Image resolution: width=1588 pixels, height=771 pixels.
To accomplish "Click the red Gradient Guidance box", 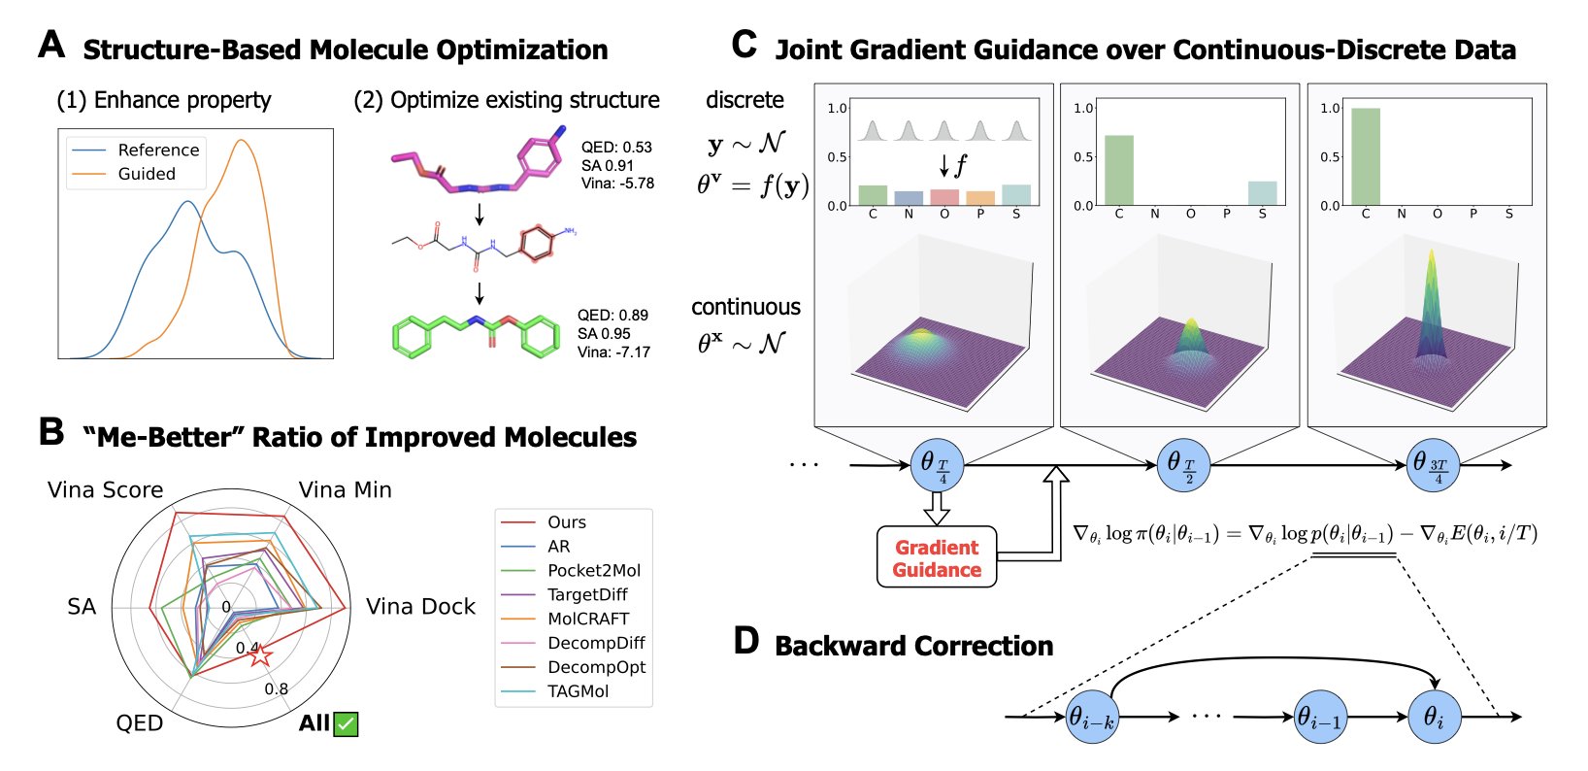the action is click(x=937, y=556).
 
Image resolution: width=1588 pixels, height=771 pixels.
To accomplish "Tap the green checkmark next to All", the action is click(x=346, y=723).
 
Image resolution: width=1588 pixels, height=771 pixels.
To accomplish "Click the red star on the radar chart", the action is click(x=261, y=654).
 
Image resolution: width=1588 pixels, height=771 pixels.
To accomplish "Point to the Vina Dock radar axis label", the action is click(x=420, y=607).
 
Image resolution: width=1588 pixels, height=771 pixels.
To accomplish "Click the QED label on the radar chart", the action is click(x=140, y=723).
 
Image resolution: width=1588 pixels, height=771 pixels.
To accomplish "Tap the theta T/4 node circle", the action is click(x=937, y=465).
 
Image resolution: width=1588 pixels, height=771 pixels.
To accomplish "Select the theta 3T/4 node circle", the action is click(x=1433, y=465).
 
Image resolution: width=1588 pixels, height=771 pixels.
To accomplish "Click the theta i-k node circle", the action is click(x=1092, y=717).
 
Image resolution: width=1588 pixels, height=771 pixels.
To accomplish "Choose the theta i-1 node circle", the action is click(x=1321, y=717).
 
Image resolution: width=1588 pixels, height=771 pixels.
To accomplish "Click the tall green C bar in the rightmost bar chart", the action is click(x=1366, y=156).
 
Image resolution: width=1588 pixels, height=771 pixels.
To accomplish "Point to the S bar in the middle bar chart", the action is click(x=1262, y=193).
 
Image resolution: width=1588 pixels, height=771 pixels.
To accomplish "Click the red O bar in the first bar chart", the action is click(x=944, y=198).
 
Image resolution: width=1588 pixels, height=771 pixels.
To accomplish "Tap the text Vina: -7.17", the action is click(x=613, y=352).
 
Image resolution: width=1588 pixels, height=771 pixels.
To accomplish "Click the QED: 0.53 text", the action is click(x=616, y=148).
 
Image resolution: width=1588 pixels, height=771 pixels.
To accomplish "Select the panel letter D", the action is click(x=745, y=641).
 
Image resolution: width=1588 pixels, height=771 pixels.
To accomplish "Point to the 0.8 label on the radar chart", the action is click(x=277, y=688).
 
